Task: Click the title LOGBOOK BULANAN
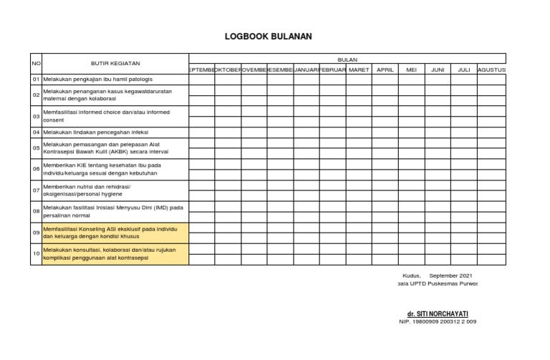pos(269,37)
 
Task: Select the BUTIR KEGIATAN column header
pos(115,64)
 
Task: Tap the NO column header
pos(36,64)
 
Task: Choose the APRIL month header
pos(385,70)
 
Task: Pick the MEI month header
pos(412,70)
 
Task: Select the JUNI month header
pos(438,70)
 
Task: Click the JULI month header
pos(464,70)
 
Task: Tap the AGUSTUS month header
pos(491,70)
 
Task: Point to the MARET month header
pos(359,70)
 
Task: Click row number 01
pos(36,79)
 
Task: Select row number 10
pos(36,254)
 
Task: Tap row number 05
pos(36,148)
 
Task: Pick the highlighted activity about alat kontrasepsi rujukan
pos(115,254)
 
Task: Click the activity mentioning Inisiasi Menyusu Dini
pos(113,211)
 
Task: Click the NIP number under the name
pos(438,321)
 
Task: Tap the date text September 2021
pos(450,276)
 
